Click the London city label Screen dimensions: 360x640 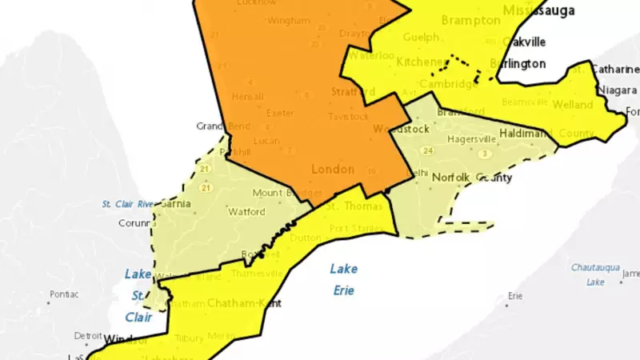click(x=331, y=170)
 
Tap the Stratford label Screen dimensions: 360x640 click(x=353, y=92)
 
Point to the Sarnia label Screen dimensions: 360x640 click(x=176, y=204)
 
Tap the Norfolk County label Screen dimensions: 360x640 click(x=472, y=177)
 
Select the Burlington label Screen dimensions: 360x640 click(x=519, y=63)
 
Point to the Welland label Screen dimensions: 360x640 click(x=573, y=105)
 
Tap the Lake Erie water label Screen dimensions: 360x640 click(x=344, y=279)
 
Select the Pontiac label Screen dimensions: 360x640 click(x=63, y=294)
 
